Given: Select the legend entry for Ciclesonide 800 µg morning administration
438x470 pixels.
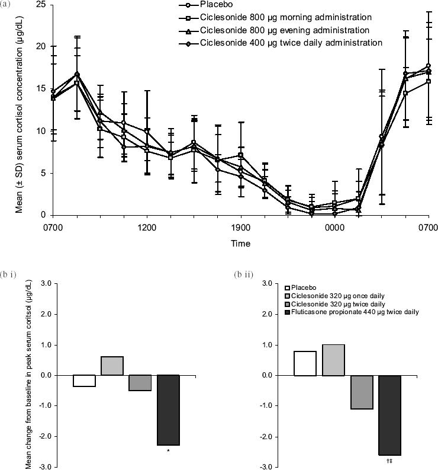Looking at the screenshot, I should (285, 18).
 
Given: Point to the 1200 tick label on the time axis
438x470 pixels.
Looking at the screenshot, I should (146, 226).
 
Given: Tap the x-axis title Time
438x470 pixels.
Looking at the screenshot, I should (240, 244).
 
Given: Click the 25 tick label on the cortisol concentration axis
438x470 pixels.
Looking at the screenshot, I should (40, 5).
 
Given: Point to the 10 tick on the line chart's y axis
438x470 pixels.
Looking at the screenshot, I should (40, 131).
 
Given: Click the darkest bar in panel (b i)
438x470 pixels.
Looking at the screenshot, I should (169, 410).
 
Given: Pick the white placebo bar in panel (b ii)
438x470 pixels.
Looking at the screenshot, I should (305, 363).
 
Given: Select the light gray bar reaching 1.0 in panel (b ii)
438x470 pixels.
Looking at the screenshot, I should (333, 360).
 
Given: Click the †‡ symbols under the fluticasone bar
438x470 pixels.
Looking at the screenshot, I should (389, 461).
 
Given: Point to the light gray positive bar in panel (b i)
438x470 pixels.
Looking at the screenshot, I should (112, 366).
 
